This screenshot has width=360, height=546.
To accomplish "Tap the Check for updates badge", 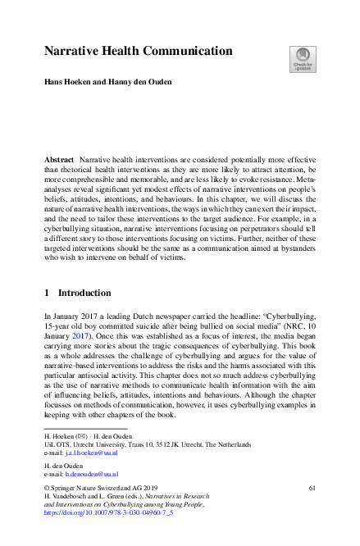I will point(302,59).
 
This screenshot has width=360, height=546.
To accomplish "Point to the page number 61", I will point(312,487).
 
